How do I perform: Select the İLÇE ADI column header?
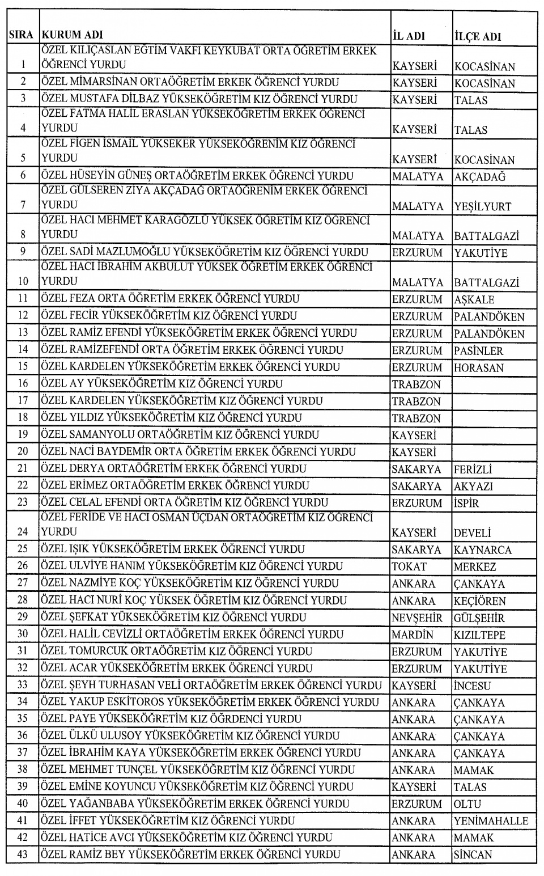(477, 36)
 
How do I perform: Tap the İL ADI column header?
(408, 36)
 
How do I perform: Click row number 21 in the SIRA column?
(23, 469)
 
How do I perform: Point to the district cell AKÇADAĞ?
(479, 176)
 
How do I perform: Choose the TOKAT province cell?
(409, 566)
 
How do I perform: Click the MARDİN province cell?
(412, 634)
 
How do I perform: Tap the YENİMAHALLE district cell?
(491, 820)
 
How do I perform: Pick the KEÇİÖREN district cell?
(479, 600)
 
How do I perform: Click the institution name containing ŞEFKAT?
(173, 617)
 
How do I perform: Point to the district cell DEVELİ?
(472, 533)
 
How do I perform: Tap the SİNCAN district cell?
(473, 854)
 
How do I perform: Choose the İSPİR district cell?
(466, 503)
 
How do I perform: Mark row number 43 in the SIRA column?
(23, 854)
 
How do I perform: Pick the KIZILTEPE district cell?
(479, 634)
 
